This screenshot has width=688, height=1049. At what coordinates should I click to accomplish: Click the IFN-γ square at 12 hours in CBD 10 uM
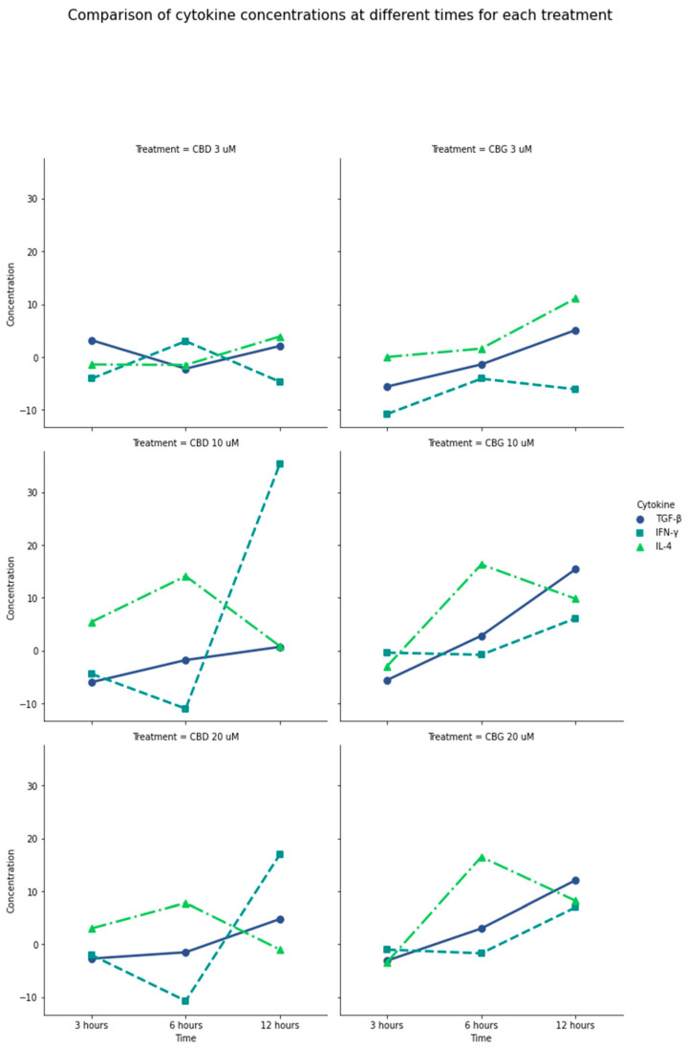point(280,463)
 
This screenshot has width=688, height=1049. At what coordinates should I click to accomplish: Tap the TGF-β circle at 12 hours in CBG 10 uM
point(575,569)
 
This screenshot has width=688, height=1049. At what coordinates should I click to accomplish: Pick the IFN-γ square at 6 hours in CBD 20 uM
point(185,1000)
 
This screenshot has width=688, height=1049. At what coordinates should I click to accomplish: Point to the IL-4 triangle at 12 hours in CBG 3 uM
point(575,299)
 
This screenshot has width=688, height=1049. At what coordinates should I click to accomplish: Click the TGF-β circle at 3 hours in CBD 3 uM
point(92,341)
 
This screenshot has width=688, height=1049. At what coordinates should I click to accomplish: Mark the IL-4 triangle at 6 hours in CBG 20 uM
point(481,858)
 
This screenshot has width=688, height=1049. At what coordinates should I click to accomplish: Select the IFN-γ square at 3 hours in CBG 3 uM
point(387,414)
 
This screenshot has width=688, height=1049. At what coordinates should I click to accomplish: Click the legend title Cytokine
point(656,504)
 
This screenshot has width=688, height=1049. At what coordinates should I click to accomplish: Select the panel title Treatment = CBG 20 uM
point(481,737)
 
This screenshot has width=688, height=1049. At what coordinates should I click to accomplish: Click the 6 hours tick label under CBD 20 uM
point(185,1025)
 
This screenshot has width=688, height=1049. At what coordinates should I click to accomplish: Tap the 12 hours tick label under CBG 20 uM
point(575,1025)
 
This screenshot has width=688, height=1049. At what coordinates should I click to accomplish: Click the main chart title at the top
point(340,15)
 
